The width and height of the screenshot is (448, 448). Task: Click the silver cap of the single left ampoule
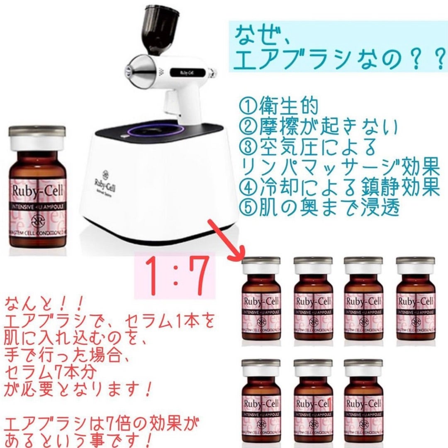[38, 132]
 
